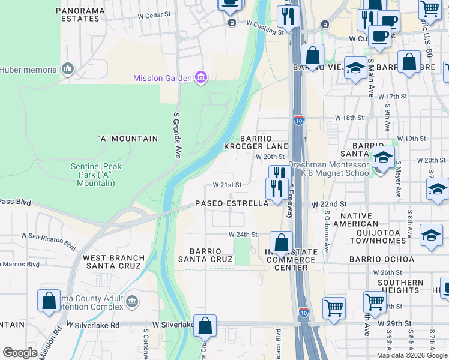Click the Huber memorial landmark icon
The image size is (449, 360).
(x=67, y=70)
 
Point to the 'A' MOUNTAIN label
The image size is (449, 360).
(x=128, y=139)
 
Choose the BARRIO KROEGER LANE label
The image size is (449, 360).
(x=264, y=142)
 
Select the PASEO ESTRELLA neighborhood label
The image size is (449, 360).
(x=231, y=204)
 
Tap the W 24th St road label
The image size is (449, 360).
(x=243, y=235)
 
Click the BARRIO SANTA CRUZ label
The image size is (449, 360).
(x=205, y=255)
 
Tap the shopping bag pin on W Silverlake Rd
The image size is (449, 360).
(x=205, y=327)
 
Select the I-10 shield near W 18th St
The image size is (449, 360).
(x=298, y=119)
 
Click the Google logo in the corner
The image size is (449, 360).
(x=20, y=353)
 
